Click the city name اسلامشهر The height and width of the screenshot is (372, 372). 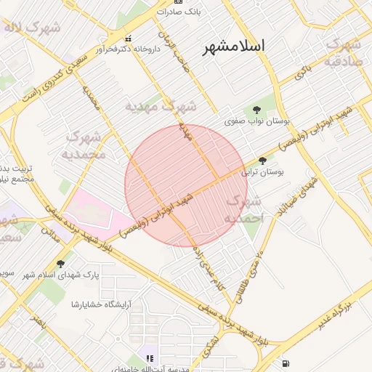(232, 46)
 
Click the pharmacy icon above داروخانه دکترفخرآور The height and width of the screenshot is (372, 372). (129, 39)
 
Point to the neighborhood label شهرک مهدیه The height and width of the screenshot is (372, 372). (161, 106)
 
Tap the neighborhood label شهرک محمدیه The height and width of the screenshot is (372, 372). (84, 145)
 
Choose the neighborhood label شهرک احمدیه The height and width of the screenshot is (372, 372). (242, 209)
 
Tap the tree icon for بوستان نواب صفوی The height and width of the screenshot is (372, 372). (257, 109)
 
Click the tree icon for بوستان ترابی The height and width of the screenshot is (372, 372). (262, 161)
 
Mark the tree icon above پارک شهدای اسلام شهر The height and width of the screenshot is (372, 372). (60, 264)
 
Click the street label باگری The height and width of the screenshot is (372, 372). (302, 72)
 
